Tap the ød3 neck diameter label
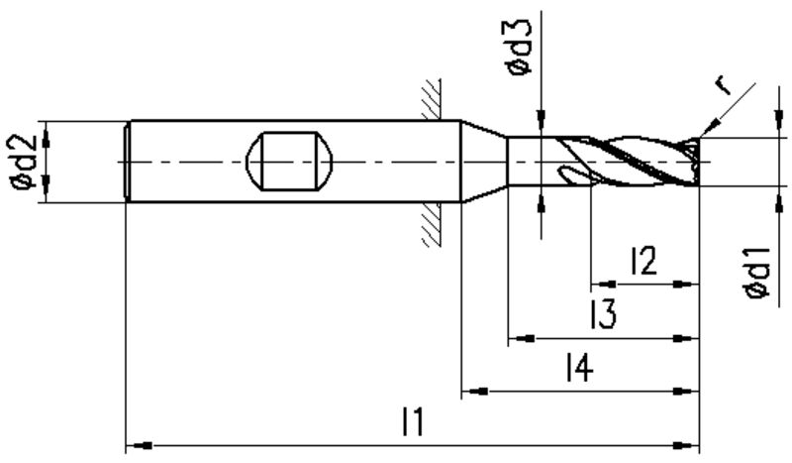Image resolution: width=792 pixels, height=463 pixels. click(x=520, y=47)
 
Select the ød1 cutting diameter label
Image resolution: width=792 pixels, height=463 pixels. click(x=758, y=273)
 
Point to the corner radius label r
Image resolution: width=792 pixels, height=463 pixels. click(x=726, y=85)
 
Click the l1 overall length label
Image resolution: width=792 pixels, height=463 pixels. click(x=413, y=422)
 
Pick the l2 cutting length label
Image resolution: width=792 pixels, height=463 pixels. click(x=644, y=261)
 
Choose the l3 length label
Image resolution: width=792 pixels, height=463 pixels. click(x=603, y=313)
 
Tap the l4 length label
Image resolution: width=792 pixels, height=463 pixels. click(x=579, y=368)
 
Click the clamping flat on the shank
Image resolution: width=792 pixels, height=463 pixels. click(x=289, y=162)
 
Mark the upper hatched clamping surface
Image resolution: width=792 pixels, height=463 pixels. click(x=432, y=99)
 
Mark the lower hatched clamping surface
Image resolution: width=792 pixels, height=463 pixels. click(x=432, y=225)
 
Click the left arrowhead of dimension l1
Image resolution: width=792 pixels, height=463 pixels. click(x=140, y=446)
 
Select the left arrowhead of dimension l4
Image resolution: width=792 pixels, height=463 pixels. click(x=475, y=392)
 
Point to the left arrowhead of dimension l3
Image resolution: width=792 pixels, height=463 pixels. click(x=522, y=338)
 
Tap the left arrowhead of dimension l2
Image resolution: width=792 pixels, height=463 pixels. click(x=604, y=284)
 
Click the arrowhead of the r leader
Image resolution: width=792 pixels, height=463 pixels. click(x=709, y=128)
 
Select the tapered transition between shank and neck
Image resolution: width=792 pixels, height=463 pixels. click(x=484, y=162)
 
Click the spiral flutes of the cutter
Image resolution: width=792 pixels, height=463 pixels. click(x=628, y=162)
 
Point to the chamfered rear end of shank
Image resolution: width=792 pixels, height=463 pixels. click(x=128, y=162)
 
